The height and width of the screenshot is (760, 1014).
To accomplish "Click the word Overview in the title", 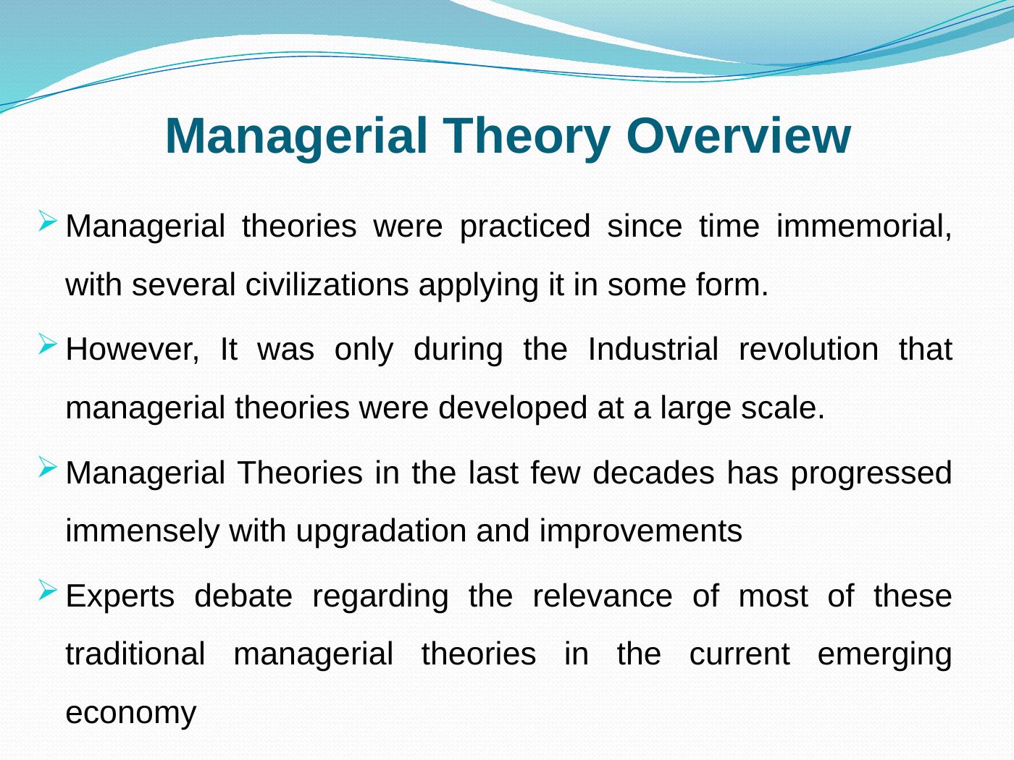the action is pyautogui.click(x=738, y=136).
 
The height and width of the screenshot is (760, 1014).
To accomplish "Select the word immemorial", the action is pyautogui.click(x=864, y=226).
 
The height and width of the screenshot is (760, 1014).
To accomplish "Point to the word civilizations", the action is pyautogui.click(x=327, y=284).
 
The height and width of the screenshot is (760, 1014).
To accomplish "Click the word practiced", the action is pyautogui.click(x=525, y=227).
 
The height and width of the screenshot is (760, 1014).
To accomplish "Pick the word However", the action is pyautogui.click(x=132, y=350).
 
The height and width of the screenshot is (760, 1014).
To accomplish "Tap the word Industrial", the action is pyautogui.click(x=653, y=349).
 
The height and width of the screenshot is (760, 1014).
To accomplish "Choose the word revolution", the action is pyautogui.click(x=808, y=349).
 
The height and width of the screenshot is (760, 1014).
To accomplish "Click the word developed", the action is pyautogui.click(x=512, y=409).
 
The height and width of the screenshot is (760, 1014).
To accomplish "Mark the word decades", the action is pyautogui.click(x=653, y=473).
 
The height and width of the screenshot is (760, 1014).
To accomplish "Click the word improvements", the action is pyautogui.click(x=641, y=531).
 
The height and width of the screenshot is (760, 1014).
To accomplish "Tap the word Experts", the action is pyautogui.click(x=120, y=597).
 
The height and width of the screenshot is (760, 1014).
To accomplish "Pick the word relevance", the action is pyautogui.click(x=603, y=596).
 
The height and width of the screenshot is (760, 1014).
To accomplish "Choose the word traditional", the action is pyautogui.click(x=135, y=654).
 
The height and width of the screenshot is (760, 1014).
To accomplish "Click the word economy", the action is pyautogui.click(x=131, y=714).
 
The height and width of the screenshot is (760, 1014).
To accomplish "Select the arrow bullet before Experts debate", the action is pyautogui.click(x=48, y=590).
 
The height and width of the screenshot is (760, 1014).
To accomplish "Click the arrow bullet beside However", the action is pyautogui.click(x=48, y=344).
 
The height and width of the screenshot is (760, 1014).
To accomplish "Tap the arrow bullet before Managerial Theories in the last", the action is pyautogui.click(x=48, y=467).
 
